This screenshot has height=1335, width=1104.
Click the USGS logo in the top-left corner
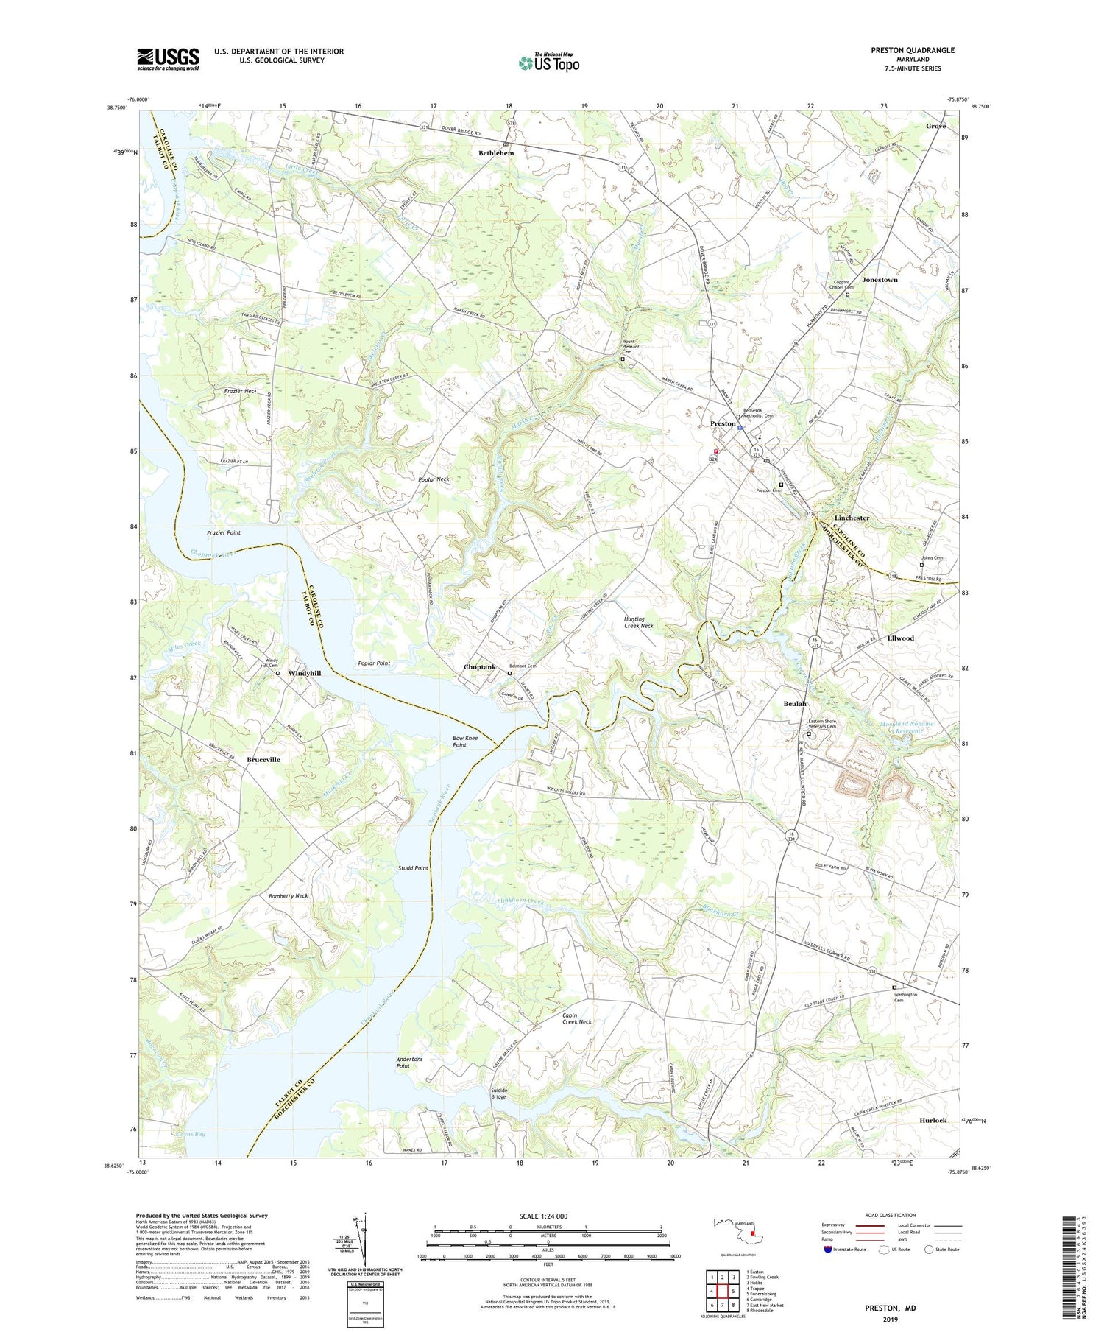pyautogui.click(x=168, y=59)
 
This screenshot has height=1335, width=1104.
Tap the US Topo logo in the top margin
pyautogui.click(x=548, y=63)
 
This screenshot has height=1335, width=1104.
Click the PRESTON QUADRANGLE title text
pyautogui.click(x=913, y=50)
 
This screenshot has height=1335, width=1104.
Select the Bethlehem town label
pyautogui.click(x=496, y=153)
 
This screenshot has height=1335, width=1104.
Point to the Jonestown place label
pyautogui.click(x=880, y=280)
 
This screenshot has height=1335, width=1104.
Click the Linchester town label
pyautogui.click(x=852, y=518)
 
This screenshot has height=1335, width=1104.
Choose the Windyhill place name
pyautogui.click(x=305, y=673)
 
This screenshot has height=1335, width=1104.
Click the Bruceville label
pyautogui.click(x=263, y=759)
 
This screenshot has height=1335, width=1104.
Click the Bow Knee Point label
pyautogui.click(x=465, y=741)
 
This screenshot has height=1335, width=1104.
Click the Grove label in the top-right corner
pyautogui.click(x=935, y=126)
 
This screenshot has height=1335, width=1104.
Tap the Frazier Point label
pyautogui.click(x=223, y=532)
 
